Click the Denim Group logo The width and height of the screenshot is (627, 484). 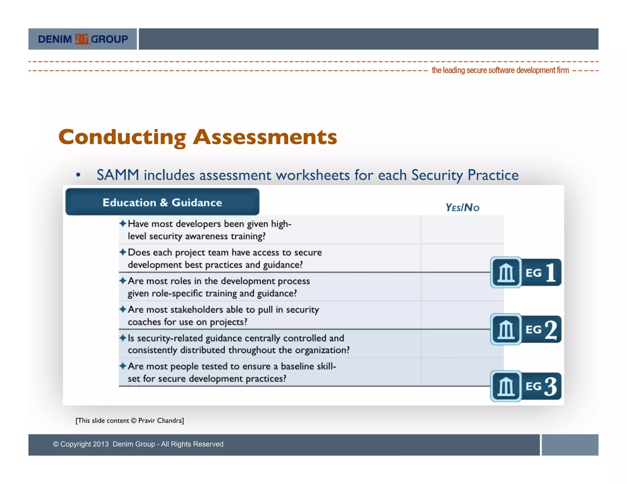click(83, 39)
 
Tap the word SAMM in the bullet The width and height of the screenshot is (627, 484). click(118, 175)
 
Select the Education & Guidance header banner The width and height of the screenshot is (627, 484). click(162, 202)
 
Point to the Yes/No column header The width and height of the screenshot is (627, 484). click(462, 207)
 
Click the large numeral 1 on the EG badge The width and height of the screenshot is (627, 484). click(550, 272)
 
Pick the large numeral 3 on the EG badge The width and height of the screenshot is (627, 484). click(550, 386)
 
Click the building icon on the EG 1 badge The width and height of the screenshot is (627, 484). click(506, 272)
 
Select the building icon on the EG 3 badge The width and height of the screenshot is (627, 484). click(506, 386)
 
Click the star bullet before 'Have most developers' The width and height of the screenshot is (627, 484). click(123, 224)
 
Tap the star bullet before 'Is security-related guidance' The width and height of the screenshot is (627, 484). click(123, 338)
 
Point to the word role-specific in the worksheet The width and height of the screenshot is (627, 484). click(177, 293)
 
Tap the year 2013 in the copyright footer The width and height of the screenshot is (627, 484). click(101, 444)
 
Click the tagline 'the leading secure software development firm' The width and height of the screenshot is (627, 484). click(500, 70)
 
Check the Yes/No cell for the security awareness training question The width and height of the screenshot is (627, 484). click(462, 230)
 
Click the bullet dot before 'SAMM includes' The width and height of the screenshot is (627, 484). click(78, 175)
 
